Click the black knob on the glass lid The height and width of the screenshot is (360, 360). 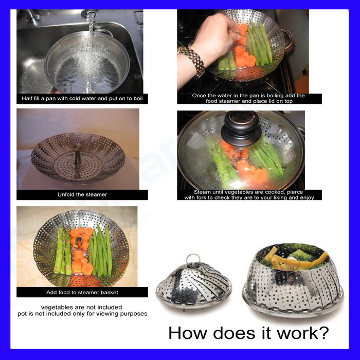(241, 128)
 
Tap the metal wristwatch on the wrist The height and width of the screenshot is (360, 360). (191, 60)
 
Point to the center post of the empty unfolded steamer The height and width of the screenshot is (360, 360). (77, 158)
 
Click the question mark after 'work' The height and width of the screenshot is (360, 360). (323, 333)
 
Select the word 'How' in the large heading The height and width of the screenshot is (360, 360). (187, 333)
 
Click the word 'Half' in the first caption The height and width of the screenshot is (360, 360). (26, 99)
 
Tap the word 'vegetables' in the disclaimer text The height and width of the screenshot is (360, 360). (55, 307)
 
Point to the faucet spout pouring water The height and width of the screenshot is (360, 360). (89, 13)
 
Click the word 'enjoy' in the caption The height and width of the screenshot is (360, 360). (308, 197)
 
